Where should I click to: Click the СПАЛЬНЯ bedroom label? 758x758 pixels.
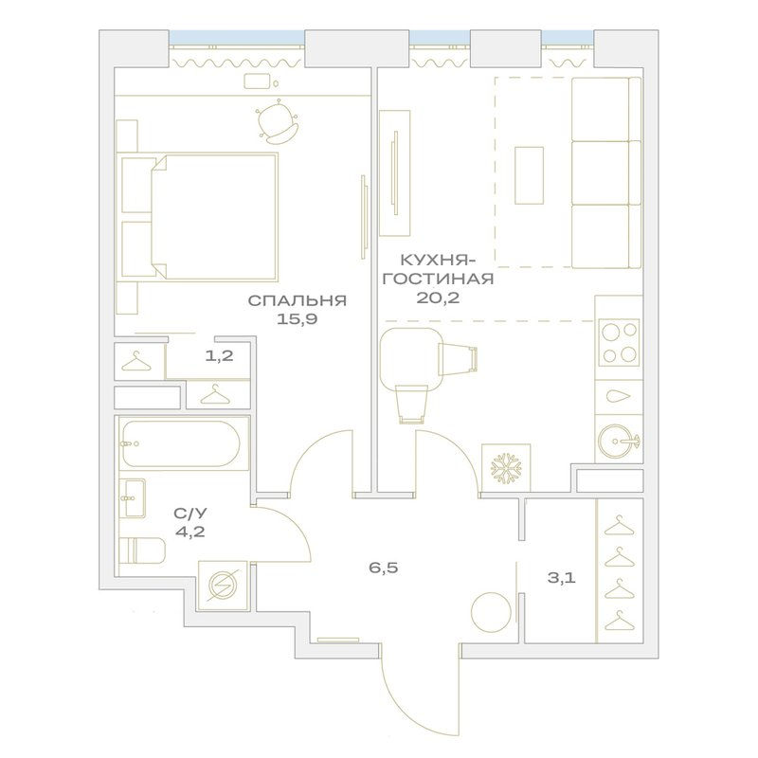pos(298,300)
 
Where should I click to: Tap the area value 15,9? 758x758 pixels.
pos(297,319)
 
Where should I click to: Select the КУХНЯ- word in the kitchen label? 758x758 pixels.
pos(438,262)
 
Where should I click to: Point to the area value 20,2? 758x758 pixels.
pos(438,298)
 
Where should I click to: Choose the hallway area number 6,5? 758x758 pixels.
pos(384,568)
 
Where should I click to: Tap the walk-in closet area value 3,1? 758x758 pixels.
pos(561,578)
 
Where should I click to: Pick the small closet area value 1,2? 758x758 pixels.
pos(220,356)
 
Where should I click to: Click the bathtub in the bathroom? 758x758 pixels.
pos(181,443)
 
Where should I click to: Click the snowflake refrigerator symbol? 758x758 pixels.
pos(506,467)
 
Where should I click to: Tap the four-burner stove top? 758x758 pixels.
pos(620,343)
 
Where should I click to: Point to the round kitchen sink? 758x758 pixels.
pos(617,441)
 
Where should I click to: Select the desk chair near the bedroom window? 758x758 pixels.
pos(277,121)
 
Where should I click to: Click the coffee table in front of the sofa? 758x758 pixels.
pos(529,175)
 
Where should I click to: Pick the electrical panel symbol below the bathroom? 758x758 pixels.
pos(223,585)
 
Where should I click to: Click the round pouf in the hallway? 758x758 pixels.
pos(491,612)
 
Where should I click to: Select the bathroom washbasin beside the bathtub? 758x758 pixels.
pos(133,497)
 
